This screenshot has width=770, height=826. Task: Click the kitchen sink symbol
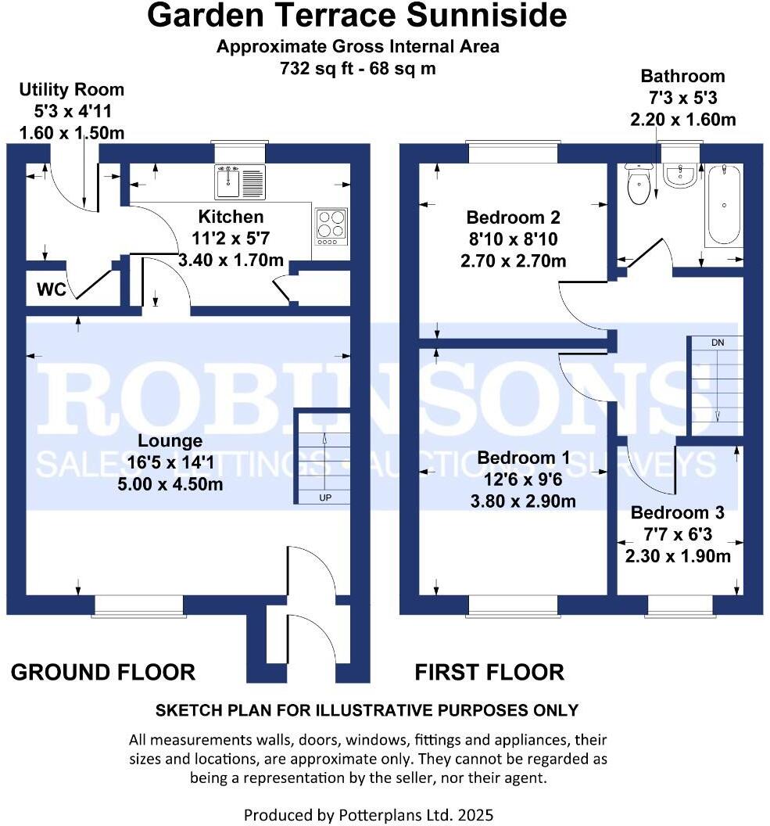tap(239, 181)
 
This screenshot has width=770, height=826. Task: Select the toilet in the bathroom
tap(639, 185)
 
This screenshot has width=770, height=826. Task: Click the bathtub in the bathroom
tap(724, 205)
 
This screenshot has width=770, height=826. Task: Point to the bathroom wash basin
tap(680, 176)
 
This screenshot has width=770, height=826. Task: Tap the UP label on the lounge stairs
tap(323, 497)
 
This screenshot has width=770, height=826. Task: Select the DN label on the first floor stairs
tap(717, 343)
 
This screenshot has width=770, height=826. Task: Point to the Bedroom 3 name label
tap(677, 513)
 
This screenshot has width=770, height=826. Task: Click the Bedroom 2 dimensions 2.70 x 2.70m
tap(514, 260)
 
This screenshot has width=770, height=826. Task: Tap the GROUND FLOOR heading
tap(102, 672)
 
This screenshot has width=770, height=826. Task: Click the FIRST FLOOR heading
tap(489, 672)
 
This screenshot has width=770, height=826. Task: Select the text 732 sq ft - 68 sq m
tap(357, 68)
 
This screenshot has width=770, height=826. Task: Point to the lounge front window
tap(139, 605)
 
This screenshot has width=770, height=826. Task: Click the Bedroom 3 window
tap(679, 605)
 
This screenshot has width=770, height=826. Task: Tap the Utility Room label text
tap(71, 90)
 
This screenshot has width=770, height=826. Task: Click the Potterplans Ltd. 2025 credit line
tap(368, 814)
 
